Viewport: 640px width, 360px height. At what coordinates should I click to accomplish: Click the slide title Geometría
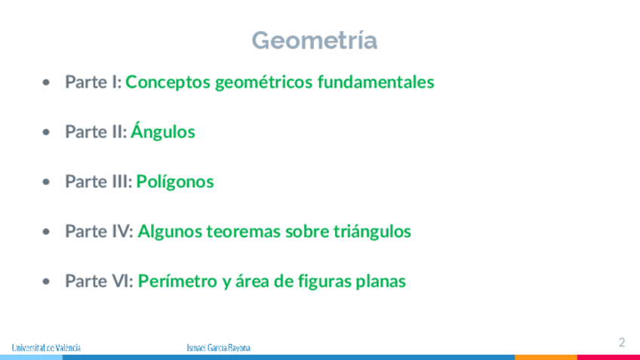point(314,40)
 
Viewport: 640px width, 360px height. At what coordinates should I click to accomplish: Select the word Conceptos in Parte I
point(168,82)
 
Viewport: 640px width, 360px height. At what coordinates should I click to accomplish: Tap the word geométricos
point(263,82)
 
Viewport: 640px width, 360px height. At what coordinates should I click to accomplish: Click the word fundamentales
point(376,82)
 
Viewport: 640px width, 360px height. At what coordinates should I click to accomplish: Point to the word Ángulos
point(163,131)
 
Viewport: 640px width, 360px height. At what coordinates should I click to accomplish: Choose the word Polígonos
point(174,182)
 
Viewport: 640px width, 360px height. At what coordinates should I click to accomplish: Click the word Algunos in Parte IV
point(170,232)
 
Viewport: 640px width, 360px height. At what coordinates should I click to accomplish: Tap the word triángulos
point(372,232)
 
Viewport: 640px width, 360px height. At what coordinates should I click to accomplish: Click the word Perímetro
point(177,281)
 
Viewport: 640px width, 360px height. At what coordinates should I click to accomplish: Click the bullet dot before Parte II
point(46,132)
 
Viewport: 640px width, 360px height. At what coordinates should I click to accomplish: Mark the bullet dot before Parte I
point(46,82)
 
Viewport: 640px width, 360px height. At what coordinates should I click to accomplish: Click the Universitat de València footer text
point(46,348)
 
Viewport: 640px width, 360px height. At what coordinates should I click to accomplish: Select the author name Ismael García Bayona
point(218,348)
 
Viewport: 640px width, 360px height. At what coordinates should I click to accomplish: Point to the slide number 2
point(622,342)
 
